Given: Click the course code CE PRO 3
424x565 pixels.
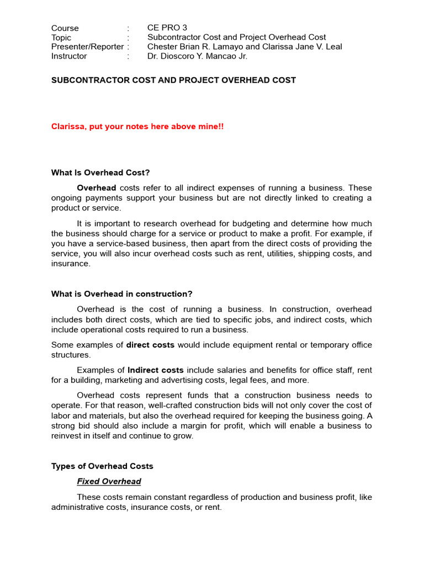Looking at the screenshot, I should (168, 28).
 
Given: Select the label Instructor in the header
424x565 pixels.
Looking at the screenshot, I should (69, 56).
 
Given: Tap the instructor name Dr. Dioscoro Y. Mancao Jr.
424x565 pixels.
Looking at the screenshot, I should (197, 56).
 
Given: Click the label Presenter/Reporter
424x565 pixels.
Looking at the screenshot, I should (87, 47).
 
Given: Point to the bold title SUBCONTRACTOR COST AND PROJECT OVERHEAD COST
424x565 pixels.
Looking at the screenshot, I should (173, 80).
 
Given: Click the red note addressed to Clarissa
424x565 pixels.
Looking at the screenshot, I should (137, 126).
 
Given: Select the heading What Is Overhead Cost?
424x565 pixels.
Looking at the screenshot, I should (100, 173).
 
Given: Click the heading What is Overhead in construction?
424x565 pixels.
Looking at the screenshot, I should (122, 294).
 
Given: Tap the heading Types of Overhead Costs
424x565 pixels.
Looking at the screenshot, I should (102, 466).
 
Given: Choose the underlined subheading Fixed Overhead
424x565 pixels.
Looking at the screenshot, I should (109, 482).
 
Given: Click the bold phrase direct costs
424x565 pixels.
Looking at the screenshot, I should (150, 345).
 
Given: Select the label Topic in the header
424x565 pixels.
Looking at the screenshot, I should (61, 38).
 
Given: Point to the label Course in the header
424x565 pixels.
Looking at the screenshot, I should (65, 28).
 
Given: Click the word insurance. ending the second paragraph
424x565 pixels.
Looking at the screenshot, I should (70, 264).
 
